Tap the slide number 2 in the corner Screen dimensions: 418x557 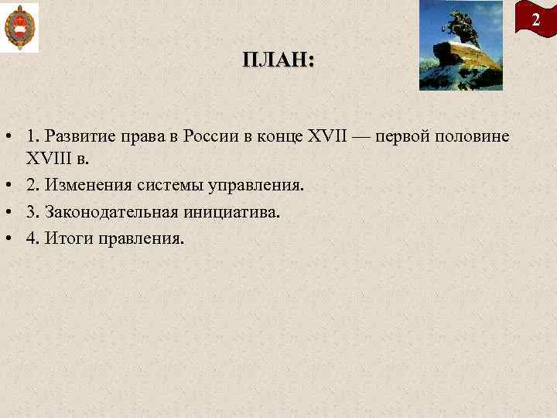535,21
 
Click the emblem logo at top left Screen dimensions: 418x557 19,27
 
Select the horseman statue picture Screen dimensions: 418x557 460,45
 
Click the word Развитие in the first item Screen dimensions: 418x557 80,136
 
